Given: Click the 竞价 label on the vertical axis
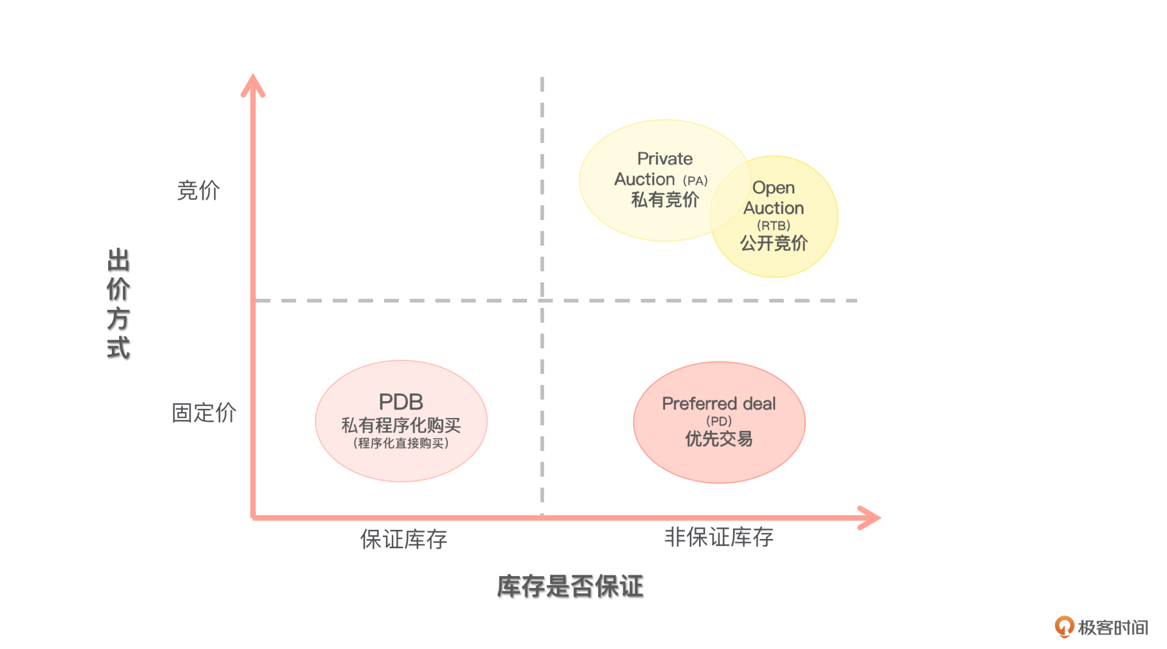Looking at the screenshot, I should pos(198,190).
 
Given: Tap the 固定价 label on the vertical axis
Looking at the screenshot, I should pos(204,413).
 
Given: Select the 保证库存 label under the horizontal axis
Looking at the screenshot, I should pos(404,539).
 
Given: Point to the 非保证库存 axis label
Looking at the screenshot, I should pos(718,537).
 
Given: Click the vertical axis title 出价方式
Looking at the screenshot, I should pos(119,304).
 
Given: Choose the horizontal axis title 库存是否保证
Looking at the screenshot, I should pos(570,586).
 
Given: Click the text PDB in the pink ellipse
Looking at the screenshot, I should pos(401,402).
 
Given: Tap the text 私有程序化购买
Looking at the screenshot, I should pos(401,425).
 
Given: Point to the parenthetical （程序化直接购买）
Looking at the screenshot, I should pos(401,443).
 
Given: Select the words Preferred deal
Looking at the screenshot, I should pos(718,403).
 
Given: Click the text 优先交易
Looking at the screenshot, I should pos(718,439).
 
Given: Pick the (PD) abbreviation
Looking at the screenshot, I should pos(718,421).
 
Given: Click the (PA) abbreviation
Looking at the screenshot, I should pos(695,180).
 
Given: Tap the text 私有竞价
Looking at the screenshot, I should pos(665,199).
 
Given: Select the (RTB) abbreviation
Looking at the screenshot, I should pos(773,225).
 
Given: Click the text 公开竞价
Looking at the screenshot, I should pos(773,243).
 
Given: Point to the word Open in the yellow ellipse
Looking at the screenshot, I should pos(773,187).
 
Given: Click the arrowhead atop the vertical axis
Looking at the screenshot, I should pos(253,85).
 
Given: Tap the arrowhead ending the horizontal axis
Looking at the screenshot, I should pos(870,518).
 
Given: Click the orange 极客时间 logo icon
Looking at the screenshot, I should pos(1064,627).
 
